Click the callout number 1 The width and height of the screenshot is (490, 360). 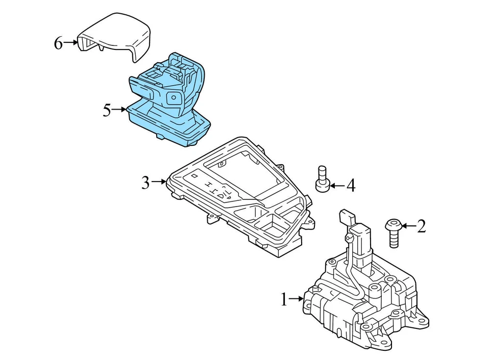pos(284,300)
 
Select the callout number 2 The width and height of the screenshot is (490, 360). pos(421,226)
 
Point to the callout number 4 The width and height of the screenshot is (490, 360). pos(351,186)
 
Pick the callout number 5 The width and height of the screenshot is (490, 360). pos(107,110)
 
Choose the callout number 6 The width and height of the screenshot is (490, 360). pos(58,44)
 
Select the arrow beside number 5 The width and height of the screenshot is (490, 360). pos(119,110)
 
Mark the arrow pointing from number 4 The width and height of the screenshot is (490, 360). pos(337,186)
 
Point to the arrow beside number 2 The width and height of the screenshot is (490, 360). pos(408,225)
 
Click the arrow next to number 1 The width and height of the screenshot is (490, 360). pos(297,299)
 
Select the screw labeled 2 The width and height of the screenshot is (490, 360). pos(393,233)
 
